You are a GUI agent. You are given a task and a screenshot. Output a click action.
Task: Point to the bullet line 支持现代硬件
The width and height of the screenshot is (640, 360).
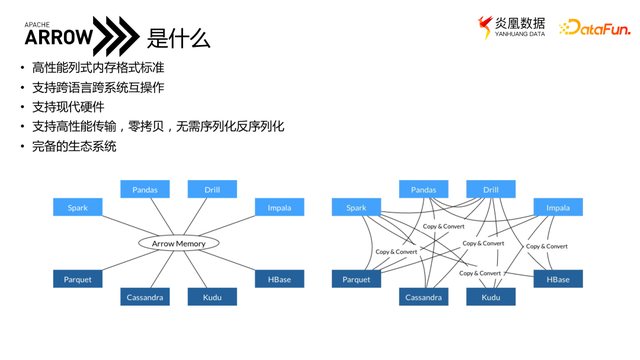point(68,106)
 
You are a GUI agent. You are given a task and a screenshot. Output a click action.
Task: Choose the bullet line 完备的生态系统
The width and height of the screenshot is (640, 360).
point(75,146)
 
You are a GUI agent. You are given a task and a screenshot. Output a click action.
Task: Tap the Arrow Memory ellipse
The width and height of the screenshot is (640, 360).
point(177,243)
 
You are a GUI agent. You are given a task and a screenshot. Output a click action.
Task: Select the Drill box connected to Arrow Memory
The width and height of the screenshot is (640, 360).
point(213,189)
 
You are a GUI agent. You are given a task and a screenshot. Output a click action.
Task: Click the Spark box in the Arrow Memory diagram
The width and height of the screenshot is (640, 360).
point(78,208)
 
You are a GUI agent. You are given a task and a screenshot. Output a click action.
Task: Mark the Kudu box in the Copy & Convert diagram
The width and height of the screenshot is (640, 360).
point(491,297)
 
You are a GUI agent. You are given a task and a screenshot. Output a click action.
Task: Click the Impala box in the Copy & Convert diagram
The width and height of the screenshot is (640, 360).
point(557,208)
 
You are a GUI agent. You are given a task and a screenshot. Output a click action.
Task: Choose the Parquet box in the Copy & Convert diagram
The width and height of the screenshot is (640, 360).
point(356,279)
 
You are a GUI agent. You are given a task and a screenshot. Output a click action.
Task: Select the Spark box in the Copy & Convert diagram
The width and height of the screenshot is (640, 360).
point(356,208)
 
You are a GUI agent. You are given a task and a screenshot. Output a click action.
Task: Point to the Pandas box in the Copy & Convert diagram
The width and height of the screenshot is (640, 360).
point(423,189)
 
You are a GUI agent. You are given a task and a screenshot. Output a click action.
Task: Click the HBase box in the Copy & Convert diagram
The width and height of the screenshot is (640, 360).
point(557,279)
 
